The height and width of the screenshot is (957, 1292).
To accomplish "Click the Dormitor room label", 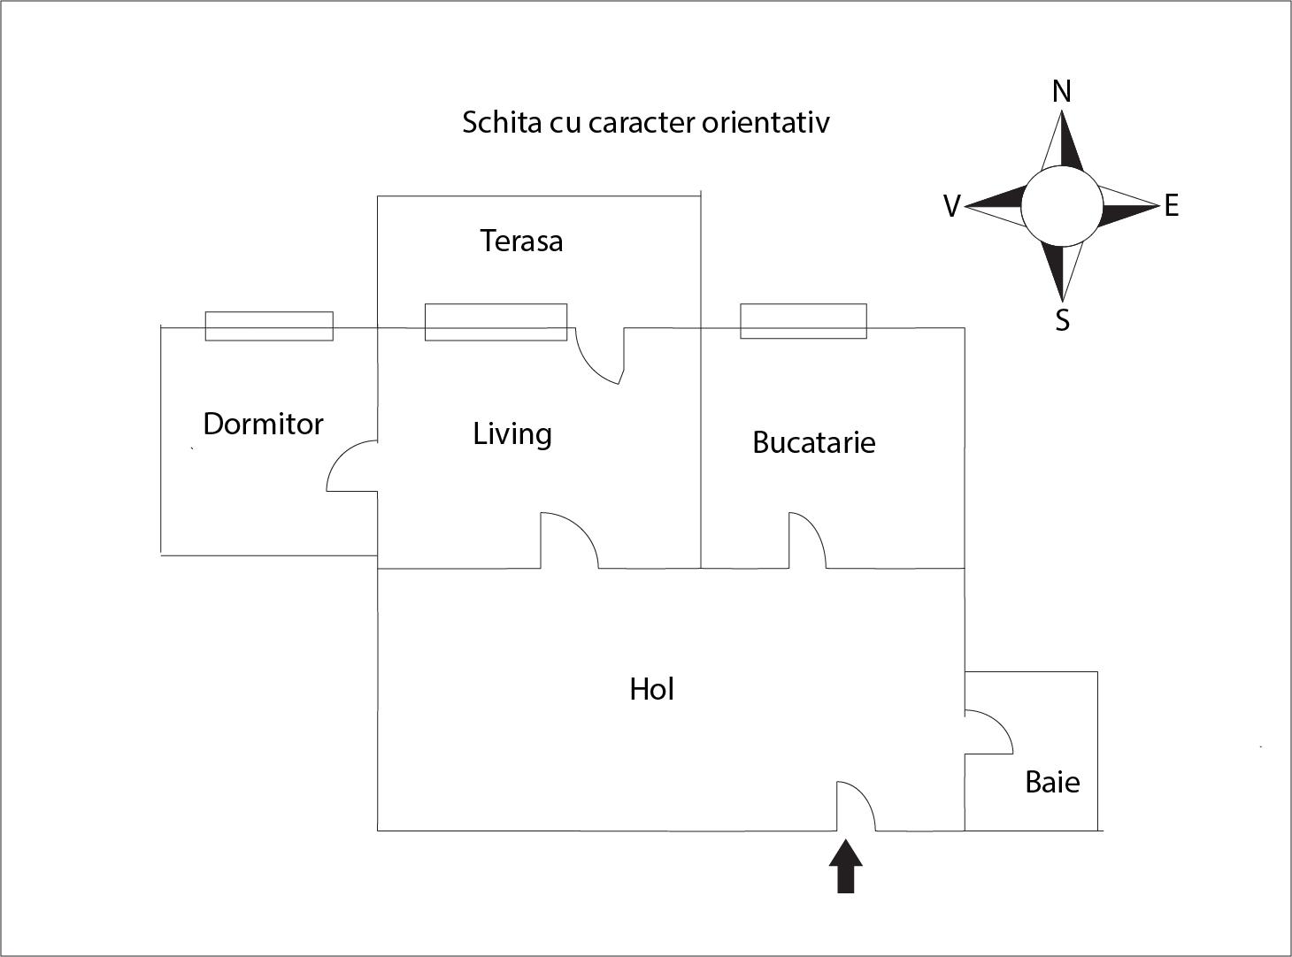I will pos(263,424).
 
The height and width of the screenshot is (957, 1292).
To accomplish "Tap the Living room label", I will pos(512,433).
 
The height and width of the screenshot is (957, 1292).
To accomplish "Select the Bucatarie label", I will pos(813,442).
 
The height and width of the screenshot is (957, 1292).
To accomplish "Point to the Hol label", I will pos(651,689).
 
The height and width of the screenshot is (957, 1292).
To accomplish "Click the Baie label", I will pos(1052,782).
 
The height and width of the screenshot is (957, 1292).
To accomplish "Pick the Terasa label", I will pos(521,241).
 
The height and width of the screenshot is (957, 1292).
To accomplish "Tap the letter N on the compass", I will pos(1062,91).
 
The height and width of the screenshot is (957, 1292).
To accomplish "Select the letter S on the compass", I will pos(1062,319).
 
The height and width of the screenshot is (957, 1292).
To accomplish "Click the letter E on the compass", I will pos(1172,206).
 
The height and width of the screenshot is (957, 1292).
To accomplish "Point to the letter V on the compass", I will pos(952,207).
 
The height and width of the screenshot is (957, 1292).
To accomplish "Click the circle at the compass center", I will pos(1062,207).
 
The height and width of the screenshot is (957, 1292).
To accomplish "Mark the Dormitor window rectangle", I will pos(269,325).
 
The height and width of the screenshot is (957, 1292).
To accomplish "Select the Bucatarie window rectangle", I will pos(803,321).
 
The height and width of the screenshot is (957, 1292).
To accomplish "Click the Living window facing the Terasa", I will pos(496,322).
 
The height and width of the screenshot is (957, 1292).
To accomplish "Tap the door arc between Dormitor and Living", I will pos(349,467).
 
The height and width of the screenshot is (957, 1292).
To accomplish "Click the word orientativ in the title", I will pos(765,122).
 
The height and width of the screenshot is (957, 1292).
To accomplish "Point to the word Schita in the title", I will pos(501,122).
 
